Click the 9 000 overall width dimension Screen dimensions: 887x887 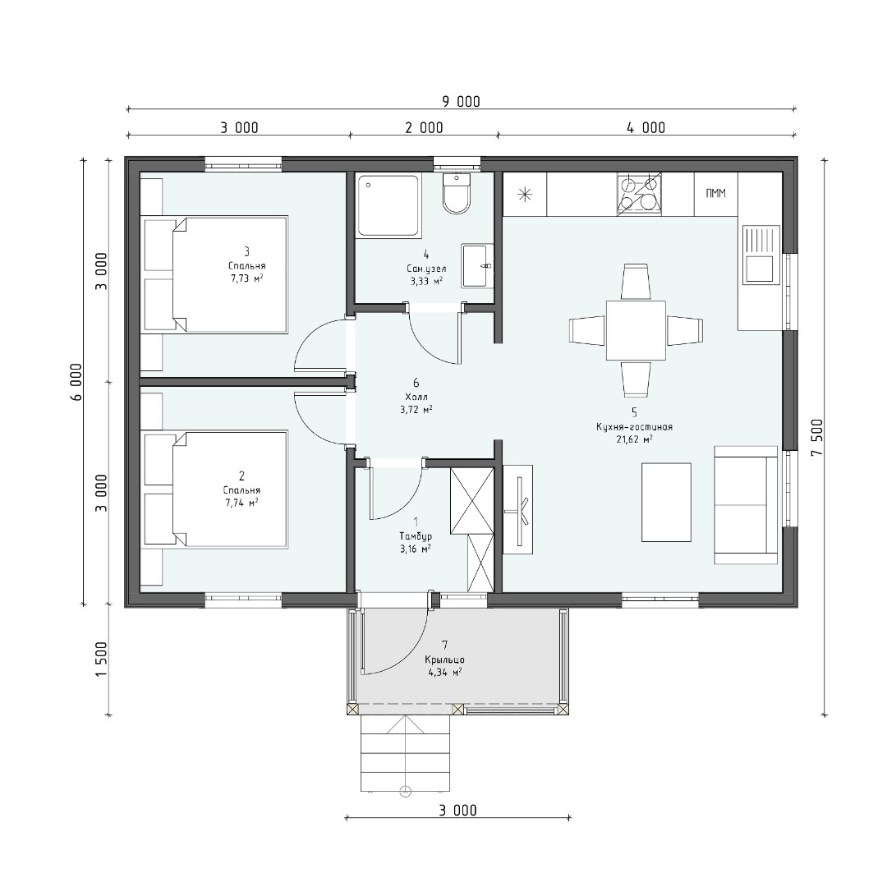tap(461, 102)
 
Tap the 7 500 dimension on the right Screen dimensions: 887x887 tap(819, 439)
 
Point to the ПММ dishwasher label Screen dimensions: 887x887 tap(715, 194)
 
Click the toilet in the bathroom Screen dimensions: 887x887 tap(457, 194)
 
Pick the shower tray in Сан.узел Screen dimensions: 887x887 tap(388, 205)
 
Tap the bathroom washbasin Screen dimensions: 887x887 tap(477, 266)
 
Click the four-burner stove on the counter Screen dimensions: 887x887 tap(639, 195)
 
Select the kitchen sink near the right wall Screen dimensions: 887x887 tap(759, 254)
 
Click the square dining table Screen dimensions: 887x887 tap(636, 330)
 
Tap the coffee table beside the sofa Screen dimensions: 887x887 tap(666, 503)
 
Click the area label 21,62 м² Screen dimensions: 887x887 tap(634, 439)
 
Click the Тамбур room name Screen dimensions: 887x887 tap(416, 536)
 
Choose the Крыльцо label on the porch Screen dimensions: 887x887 tap(444, 660)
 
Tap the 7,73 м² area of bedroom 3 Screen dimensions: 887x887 tap(246, 279)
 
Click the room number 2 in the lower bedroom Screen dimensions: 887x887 tap(242, 476)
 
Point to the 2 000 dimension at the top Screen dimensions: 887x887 tap(425, 128)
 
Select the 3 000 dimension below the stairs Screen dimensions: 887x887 tap(457, 811)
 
